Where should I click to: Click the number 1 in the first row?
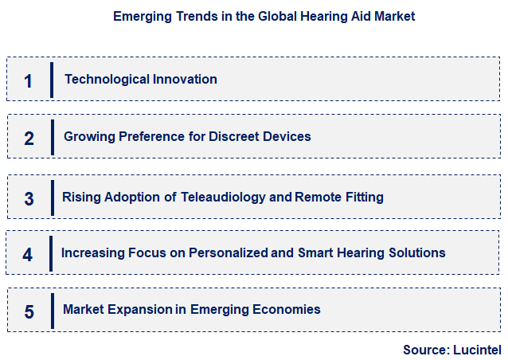pyautogui.click(x=29, y=80)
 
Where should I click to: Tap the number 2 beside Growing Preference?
pyautogui.click(x=29, y=138)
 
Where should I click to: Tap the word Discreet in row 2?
pyautogui.click(x=233, y=136)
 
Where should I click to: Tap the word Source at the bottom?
pyautogui.click(x=426, y=348)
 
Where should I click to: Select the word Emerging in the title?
pyautogui.click(x=140, y=16)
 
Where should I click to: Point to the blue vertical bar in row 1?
pyautogui.click(x=52, y=80)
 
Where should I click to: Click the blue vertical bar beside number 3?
pyautogui.click(x=52, y=197)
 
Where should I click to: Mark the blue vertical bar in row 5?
pyautogui.click(x=52, y=310)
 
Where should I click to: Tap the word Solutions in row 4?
pyautogui.click(x=416, y=252)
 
